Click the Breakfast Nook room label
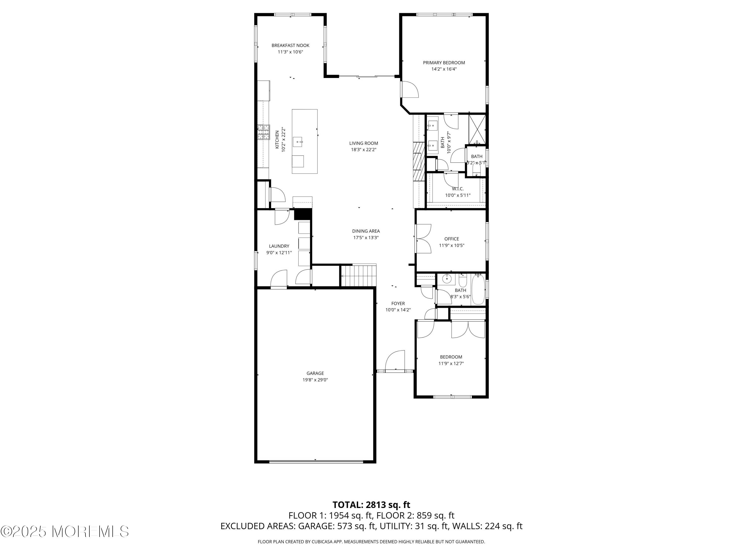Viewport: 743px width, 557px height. (290, 45)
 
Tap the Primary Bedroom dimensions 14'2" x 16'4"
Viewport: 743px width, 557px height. (444, 69)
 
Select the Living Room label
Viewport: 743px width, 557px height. (363, 143)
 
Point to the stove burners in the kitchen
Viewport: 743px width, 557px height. (264, 132)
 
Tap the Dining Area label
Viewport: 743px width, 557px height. (366, 231)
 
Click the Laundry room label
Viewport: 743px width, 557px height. (279, 246)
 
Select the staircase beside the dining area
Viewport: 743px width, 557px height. (359, 276)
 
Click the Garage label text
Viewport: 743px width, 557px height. (315, 373)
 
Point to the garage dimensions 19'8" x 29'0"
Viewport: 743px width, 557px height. (315, 380)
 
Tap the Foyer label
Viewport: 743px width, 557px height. (398, 304)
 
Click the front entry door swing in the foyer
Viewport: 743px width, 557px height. (395, 360)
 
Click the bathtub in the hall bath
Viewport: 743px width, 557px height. (478, 289)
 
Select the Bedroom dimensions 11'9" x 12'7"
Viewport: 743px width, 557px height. (451, 363)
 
